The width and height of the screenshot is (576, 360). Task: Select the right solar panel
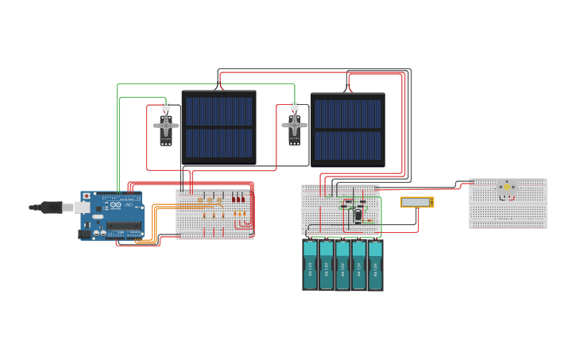348,129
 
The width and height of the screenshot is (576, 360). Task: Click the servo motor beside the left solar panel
166,128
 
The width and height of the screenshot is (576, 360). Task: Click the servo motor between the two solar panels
294,127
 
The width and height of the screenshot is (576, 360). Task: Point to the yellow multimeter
416,203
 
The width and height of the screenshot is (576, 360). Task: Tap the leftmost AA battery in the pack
310,265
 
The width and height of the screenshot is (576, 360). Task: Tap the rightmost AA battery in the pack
375,265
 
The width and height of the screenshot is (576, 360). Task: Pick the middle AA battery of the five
342,265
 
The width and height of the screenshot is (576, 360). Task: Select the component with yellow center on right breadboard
506,188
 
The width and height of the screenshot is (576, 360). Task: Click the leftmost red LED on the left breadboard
234,199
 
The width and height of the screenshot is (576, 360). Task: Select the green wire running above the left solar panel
207,83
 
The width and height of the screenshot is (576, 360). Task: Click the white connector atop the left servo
166,106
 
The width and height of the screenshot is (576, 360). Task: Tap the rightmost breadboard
508,203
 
